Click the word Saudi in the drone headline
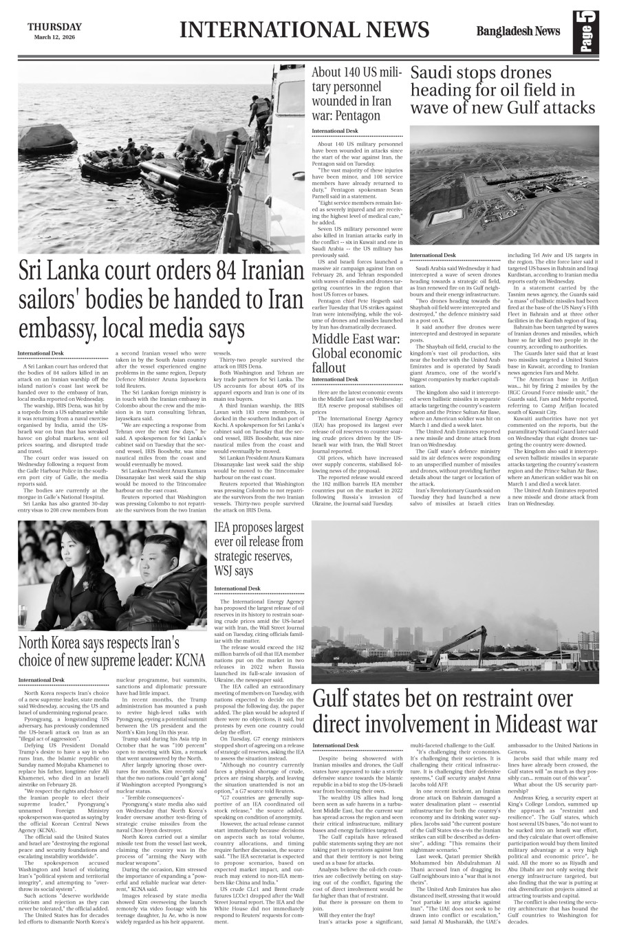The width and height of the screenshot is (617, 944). click(435, 74)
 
